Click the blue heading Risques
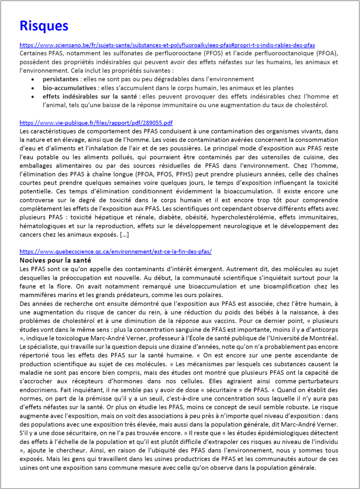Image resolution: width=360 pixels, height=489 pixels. [x=44, y=26]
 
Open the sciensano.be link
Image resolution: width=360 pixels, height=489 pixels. [x=167, y=45]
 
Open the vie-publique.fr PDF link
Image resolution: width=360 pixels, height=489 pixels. [x=96, y=122]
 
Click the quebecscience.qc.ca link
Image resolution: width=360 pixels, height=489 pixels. [x=116, y=251]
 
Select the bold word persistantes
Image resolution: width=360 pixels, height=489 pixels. [x=60, y=79]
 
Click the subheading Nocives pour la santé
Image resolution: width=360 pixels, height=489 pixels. [x=55, y=260]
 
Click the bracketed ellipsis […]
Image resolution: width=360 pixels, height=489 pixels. [x=123, y=235]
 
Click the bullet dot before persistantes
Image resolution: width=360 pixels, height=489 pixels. [x=32, y=79]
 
